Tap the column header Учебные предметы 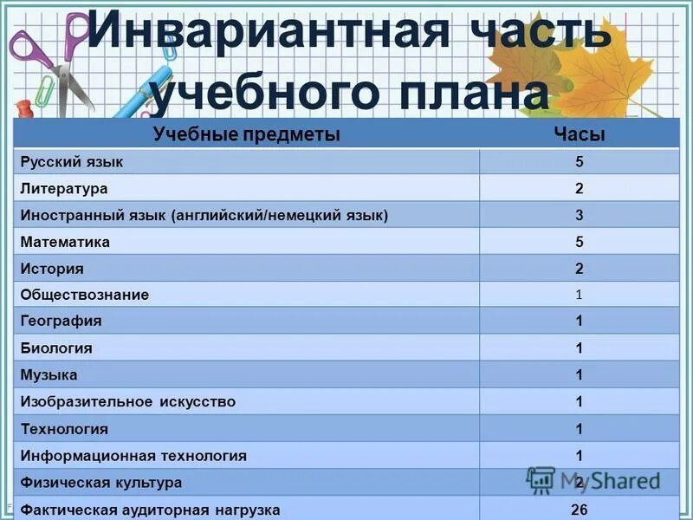pos(246,134)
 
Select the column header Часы pos(579,134)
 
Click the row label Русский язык pos(72,161)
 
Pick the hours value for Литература pos(579,188)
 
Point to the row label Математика pos(66,242)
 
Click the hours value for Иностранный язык pos(579,215)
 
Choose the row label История pos(52,269)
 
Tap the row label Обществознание pos(85,295)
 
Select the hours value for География pos(579,322)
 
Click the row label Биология pos(56,348)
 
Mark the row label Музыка pos(49,375)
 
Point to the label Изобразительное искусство pos(128,402)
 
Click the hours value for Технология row pos(579,429)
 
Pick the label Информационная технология pos(133,456)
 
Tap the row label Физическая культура pos(101,483)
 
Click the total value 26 pos(579,510)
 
